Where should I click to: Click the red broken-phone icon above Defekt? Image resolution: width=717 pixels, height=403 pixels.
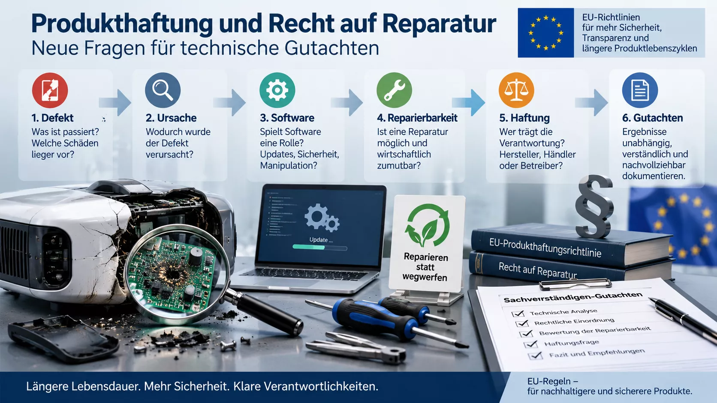(x=50, y=90)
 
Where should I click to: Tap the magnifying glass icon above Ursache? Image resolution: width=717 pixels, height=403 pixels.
(x=163, y=90)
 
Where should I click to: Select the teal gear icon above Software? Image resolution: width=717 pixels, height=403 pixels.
(x=277, y=90)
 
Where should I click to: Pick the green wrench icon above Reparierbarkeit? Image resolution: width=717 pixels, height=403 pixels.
(x=395, y=90)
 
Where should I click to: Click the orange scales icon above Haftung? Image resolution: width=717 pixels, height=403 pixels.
(x=516, y=90)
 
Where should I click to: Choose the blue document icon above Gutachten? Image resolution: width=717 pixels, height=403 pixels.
(x=640, y=90)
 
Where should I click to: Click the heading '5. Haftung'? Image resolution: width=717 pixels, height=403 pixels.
(x=524, y=118)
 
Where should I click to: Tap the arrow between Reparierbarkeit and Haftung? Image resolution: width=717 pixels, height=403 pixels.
(x=469, y=102)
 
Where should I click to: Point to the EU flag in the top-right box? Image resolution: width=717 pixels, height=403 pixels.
(x=546, y=33)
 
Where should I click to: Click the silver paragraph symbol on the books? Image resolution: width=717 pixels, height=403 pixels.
(x=594, y=206)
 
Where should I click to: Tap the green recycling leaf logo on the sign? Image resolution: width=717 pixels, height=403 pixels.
(x=427, y=225)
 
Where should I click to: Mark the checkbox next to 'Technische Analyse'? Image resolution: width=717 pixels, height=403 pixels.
(x=518, y=313)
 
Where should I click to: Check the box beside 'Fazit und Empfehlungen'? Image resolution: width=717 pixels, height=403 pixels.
(x=535, y=355)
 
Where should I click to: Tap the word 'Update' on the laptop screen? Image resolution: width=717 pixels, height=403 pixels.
(x=319, y=240)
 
